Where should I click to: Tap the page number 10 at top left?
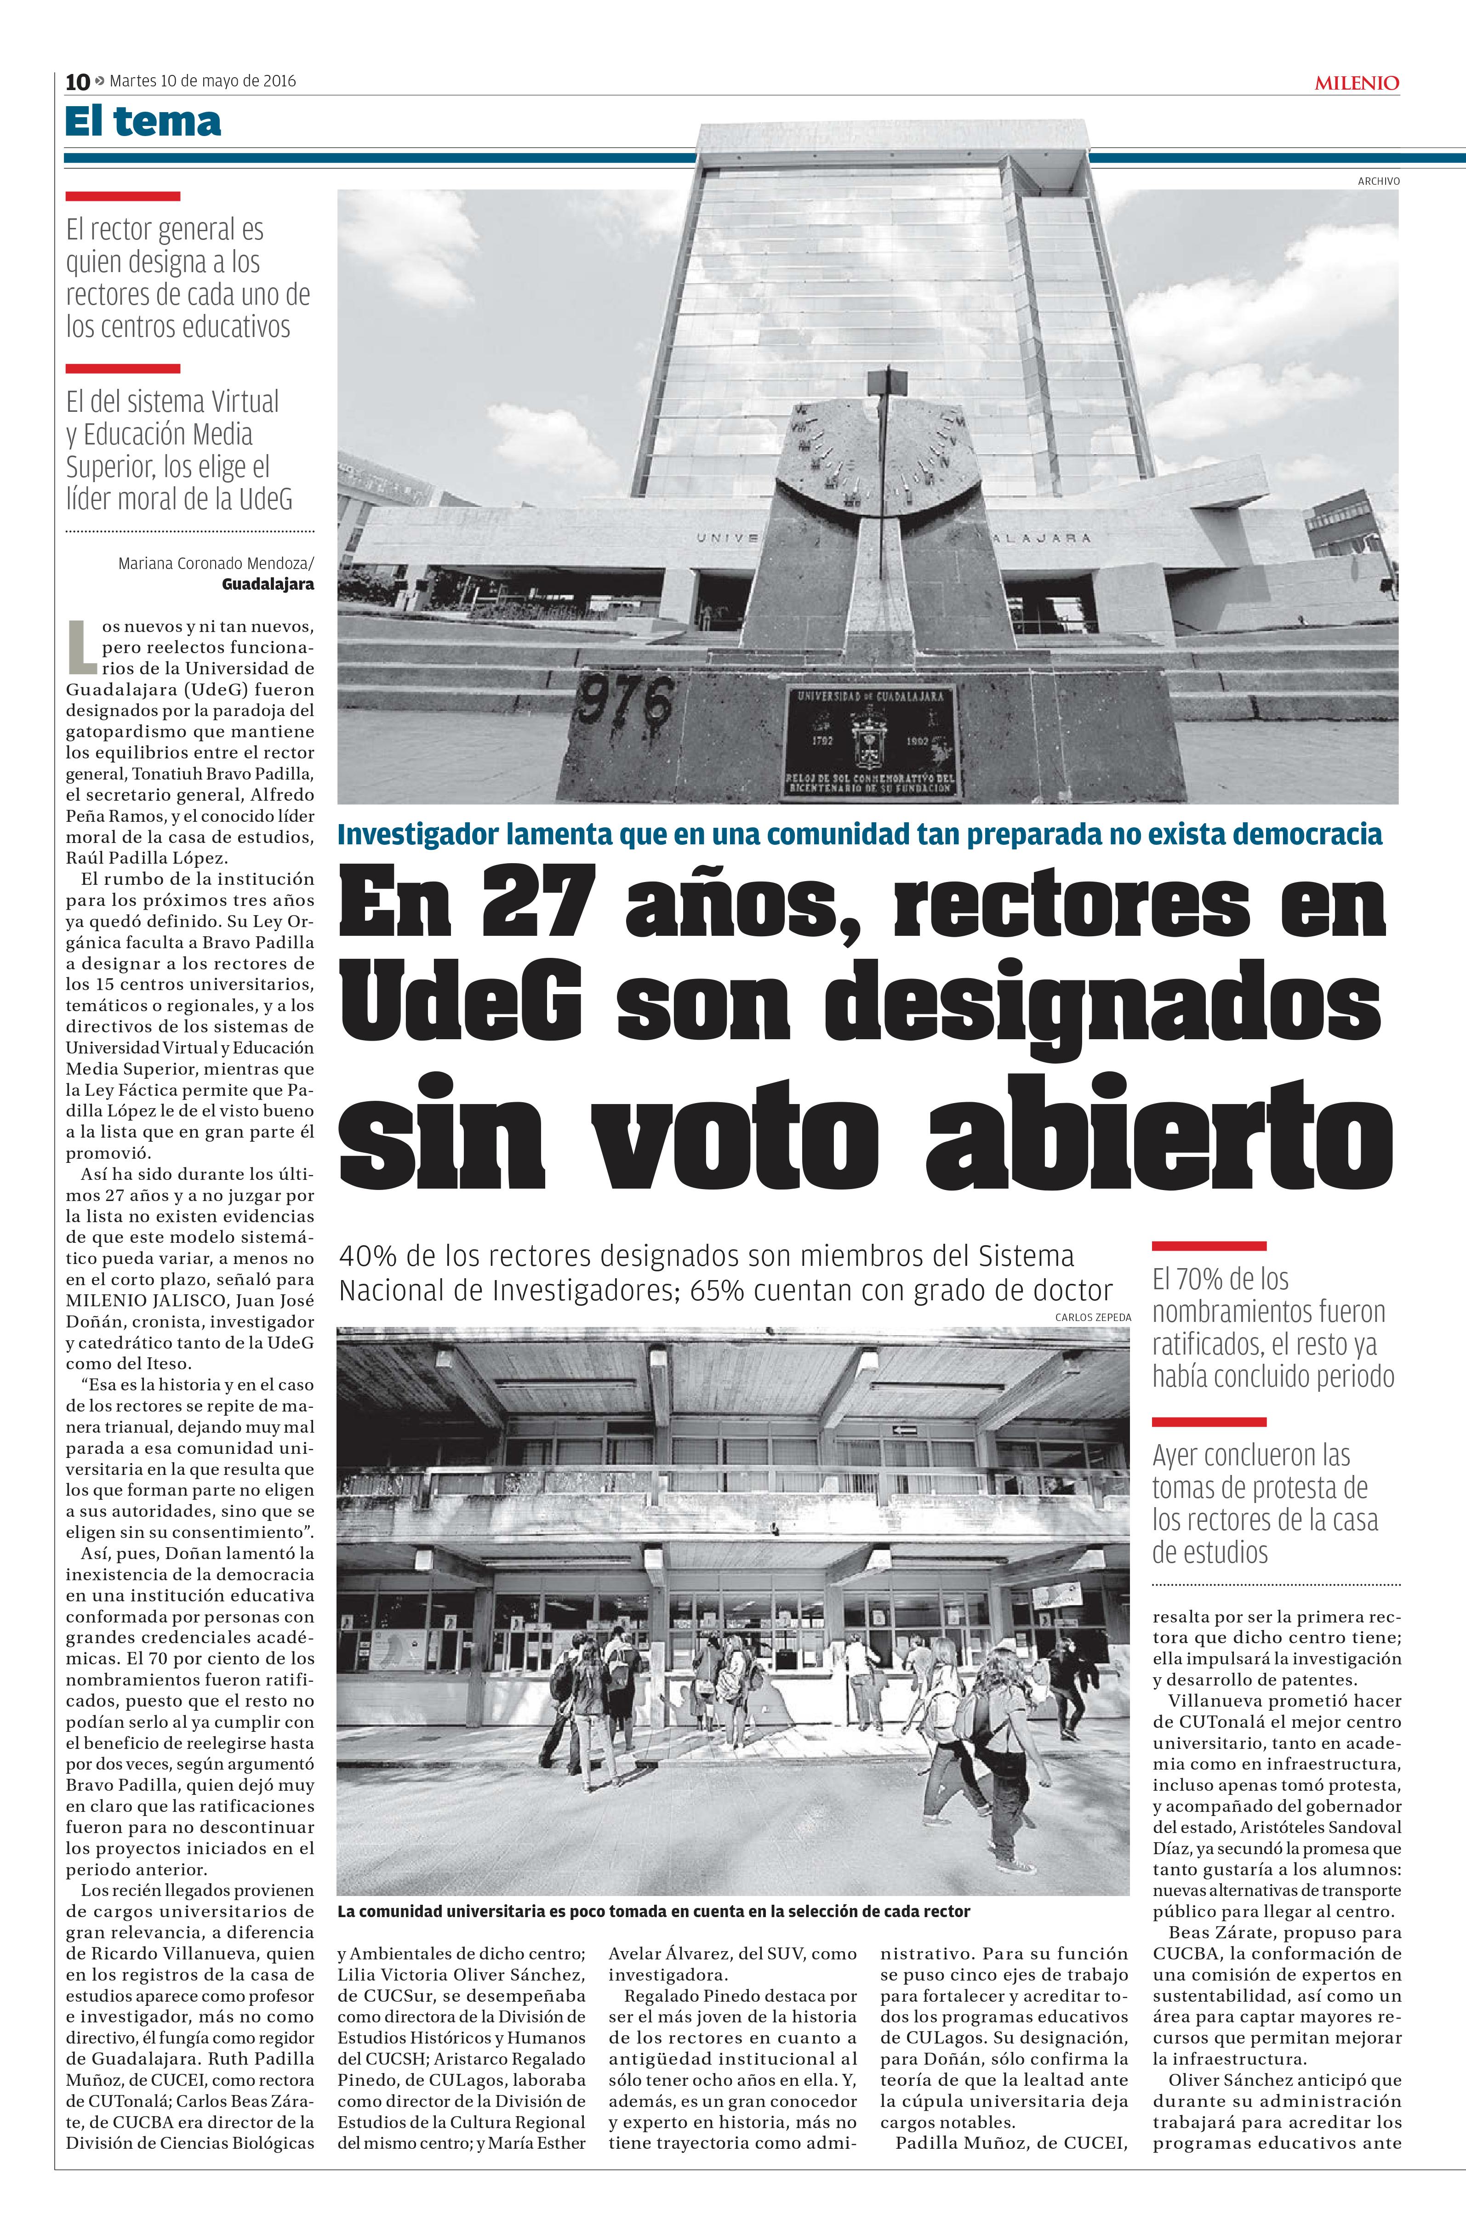pyautogui.click(x=77, y=82)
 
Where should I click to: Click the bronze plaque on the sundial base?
pyautogui.click(x=870, y=742)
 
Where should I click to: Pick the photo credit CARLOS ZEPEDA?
pyautogui.click(x=1093, y=1317)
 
